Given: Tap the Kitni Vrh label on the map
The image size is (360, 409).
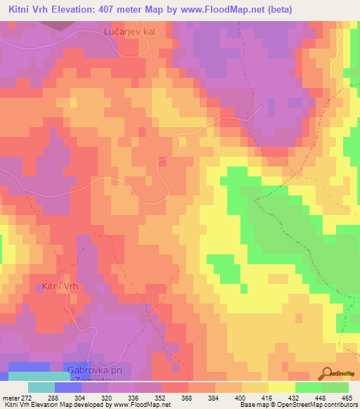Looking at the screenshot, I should (63, 286).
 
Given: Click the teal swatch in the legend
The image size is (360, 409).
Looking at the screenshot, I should (41, 387).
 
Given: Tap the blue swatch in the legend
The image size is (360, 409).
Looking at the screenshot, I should (67, 387).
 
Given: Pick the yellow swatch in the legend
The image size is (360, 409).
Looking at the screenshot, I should (281, 387).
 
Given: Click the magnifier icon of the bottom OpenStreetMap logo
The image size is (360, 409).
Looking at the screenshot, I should (326, 372).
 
